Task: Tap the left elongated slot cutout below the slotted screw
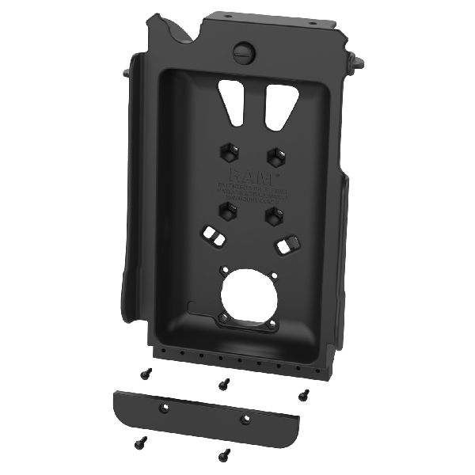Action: pos(231,100)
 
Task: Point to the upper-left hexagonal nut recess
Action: pos(227,150)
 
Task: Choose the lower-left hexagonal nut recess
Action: pos(226,209)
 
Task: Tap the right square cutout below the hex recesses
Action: pos(286,245)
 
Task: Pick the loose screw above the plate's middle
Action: pos(225,384)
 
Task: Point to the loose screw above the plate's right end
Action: pos(302,393)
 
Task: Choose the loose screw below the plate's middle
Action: pos(224,454)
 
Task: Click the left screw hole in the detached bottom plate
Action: pos(165,407)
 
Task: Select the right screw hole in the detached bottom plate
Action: pos(245,417)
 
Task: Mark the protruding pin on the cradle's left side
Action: pos(127,72)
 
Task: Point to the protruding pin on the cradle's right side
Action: pos(359,60)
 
